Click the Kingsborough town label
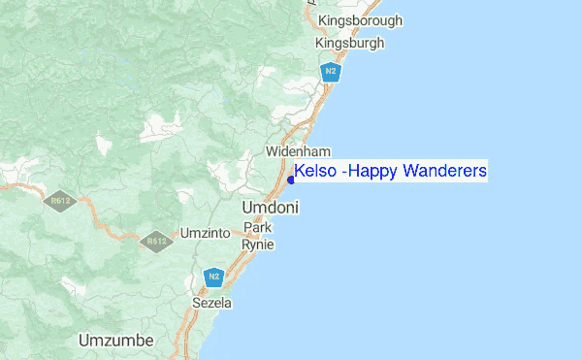point(360,20)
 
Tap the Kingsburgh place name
point(349,44)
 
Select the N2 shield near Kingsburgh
point(331,71)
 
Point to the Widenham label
point(299,152)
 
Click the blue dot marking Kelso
point(290,179)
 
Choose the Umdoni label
point(270,208)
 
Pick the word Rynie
point(257,245)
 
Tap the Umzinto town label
point(205,234)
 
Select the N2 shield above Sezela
point(215,278)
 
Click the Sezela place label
point(212,304)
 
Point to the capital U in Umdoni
point(247,208)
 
